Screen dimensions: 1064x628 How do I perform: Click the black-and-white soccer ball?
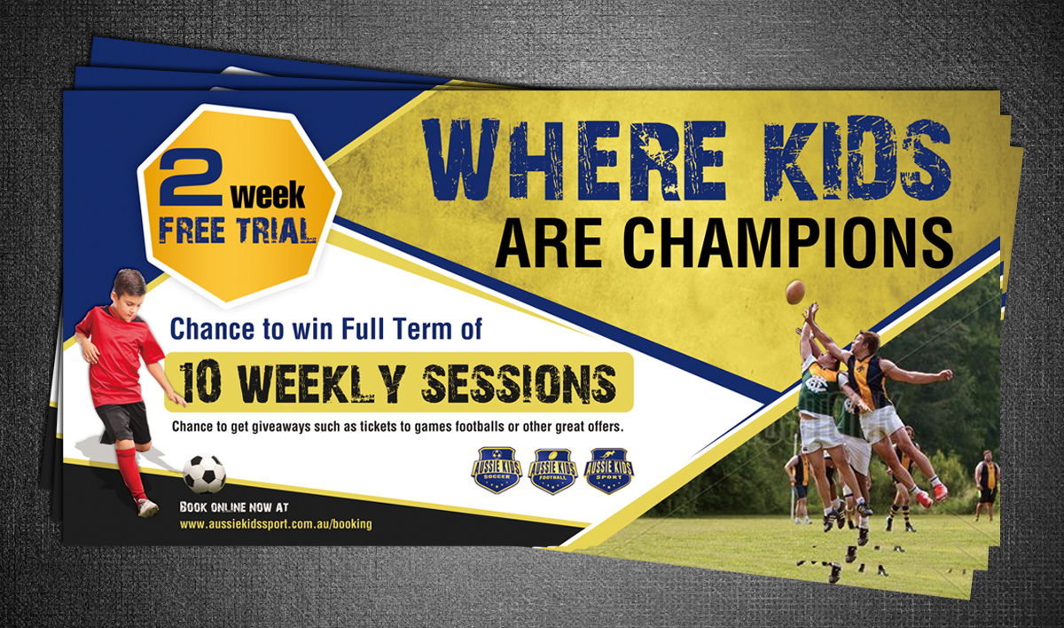pyautogui.click(x=204, y=474)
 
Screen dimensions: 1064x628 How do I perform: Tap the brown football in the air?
pyautogui.click(x=795, y=292)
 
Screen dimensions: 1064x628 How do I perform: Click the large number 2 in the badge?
pyautogui.click(x=191, y=177)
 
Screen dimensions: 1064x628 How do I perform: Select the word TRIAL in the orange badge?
pyautogui.click(x=277, y=232)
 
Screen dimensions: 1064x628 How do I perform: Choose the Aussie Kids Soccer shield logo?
pyautogui.click(x=497, y=470)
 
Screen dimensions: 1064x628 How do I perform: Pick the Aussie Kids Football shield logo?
pyautogui.click(x=553, y=471)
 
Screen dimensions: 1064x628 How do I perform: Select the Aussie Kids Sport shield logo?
pyautogui.click(x=608, y=471)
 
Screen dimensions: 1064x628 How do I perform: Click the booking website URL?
pyautogui.click(x=276, y=524)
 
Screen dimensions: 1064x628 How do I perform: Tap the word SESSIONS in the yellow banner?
pyautogui.click(x=519, y=383)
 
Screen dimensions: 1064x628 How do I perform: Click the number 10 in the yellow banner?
pyautogui.click(x=200, y=383)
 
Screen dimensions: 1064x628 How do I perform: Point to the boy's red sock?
pyautogui.click(x=131, y=475)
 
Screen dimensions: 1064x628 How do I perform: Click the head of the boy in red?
pyautogui.click(x=129, y=290)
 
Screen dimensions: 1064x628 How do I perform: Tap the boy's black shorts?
pyautogui.click(x=123, y=423)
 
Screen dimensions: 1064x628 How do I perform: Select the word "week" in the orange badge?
pyautogui.click(x=268, y=195)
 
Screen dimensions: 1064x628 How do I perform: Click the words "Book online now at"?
pyautogui.click(x=234, y=507)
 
